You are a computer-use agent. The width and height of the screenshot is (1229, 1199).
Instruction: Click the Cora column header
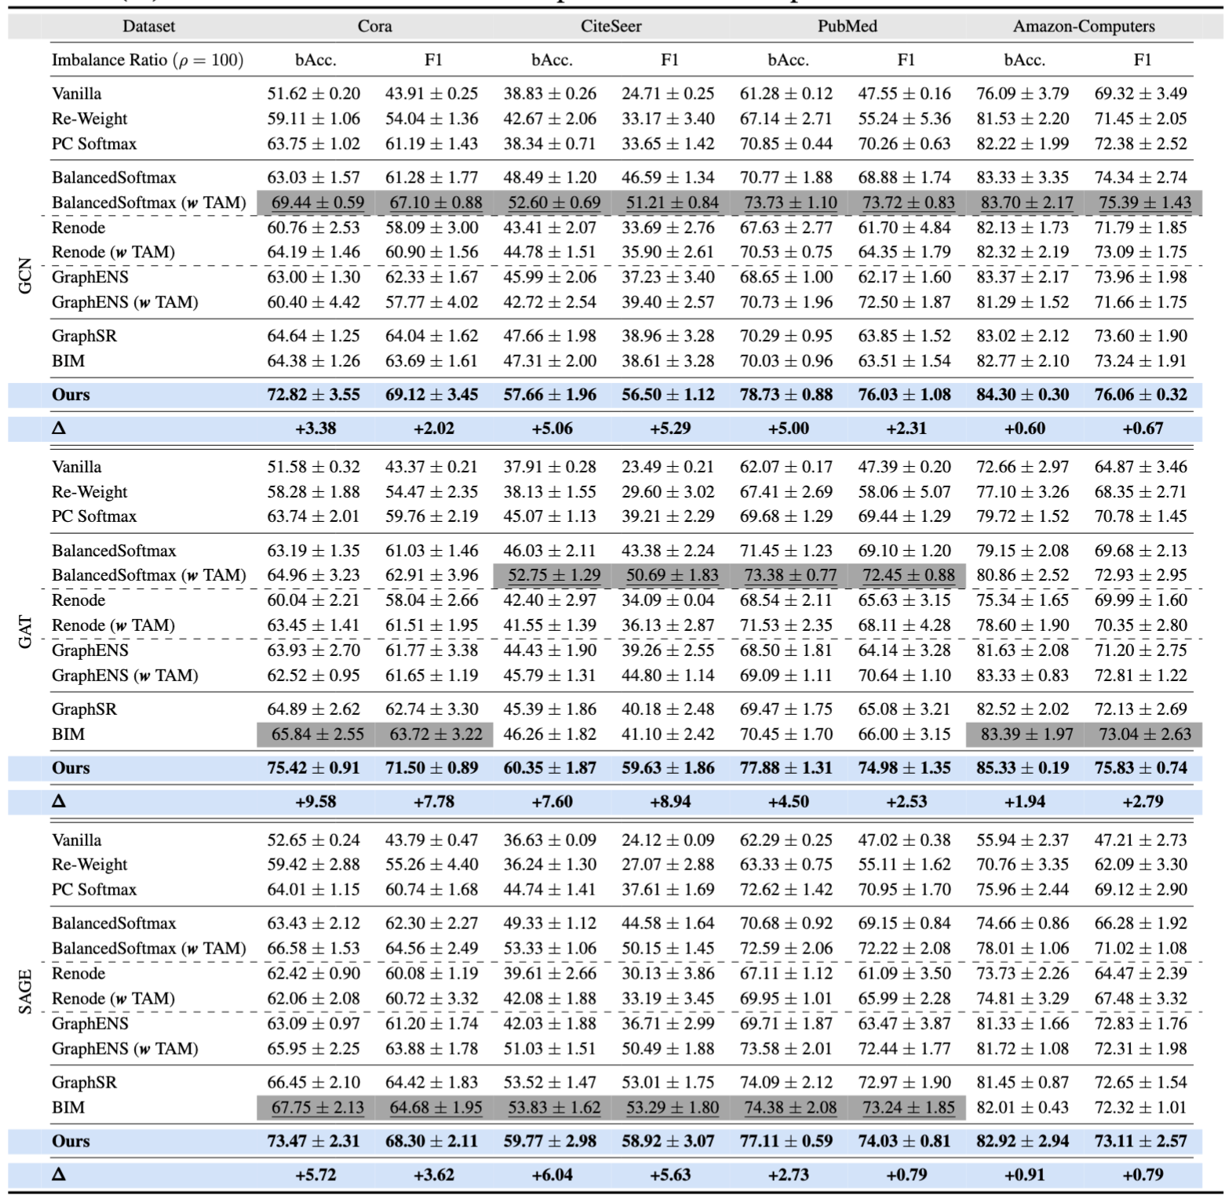tap(374, 26)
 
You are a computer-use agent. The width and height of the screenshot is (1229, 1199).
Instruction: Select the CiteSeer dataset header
tap(611, 26)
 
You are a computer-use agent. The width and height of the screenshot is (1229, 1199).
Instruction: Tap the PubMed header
tap(847, 26)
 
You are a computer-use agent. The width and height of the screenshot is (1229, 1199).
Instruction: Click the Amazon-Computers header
tap(1083, 26)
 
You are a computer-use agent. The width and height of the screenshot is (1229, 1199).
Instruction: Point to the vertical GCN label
tap(25, 276)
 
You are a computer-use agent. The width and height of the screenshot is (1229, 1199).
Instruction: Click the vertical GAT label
tap(25, 632)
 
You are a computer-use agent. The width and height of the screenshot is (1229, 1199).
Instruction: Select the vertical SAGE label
tap(25, 992)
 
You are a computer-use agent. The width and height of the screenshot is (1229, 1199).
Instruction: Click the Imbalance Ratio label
tap(148, 60)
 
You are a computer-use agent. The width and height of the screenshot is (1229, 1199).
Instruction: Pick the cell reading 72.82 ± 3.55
tap(313, 395)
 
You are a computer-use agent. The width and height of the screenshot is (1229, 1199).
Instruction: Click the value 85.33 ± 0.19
tap(1023, 767)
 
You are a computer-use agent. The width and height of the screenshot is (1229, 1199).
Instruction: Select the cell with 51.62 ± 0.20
tap(313, 93)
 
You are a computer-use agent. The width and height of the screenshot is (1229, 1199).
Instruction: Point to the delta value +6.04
tap(552, 1175)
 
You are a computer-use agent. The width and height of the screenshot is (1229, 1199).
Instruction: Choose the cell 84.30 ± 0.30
tap(1023, 395)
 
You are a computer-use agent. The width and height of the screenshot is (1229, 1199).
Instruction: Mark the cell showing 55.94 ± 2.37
tap(1023, 840)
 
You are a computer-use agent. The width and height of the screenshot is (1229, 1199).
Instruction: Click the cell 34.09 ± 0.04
tap(668, 600)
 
